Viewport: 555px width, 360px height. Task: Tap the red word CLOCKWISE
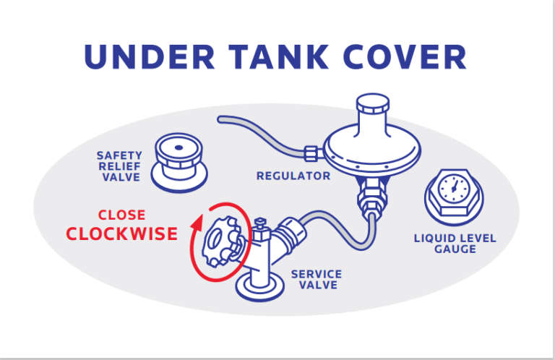(x=121, y=233)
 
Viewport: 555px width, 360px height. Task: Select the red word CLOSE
(x=121, y=215)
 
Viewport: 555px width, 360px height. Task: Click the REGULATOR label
(x=293, y=176)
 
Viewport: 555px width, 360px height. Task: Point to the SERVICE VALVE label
(x=316, y=281)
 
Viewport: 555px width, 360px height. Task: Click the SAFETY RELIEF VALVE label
(x=119, y=166)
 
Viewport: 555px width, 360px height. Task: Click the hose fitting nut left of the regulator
(x=312, y=153)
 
